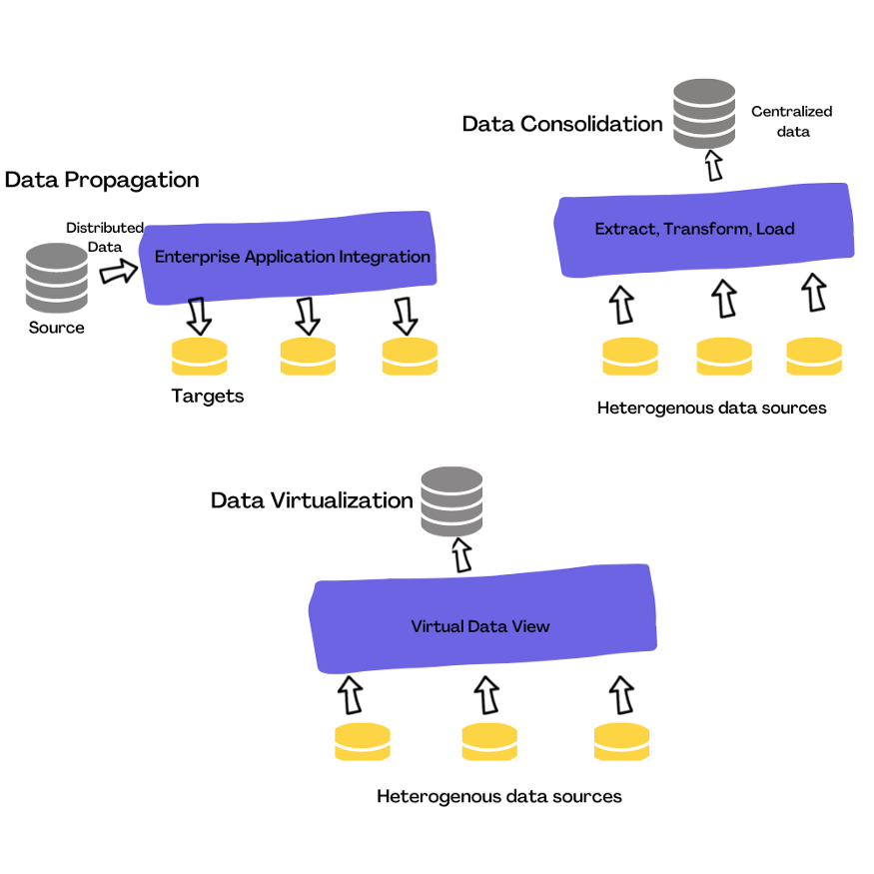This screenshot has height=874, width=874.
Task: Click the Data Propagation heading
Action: pyautogui.click(x=102, y=180)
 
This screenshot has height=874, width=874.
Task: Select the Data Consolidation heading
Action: pyautogui.click(x=562, y=124)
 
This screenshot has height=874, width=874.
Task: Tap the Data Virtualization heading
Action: pyautogui.click(x=312, y=500)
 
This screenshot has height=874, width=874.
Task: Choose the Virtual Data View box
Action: pyautogui.click(x=480, y=626)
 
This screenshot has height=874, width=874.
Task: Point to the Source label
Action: pyautogui.click(x=57, y=328)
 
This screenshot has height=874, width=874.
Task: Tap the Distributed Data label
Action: pyautogui.click(x=105, y=237)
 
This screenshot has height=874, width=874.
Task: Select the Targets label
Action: pyautogui.click(x=208, y=396)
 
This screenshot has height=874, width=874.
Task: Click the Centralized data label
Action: pyautogui.click(x=791, y=121)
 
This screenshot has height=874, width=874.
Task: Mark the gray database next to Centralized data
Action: pyautogui.click(x=704, y=111)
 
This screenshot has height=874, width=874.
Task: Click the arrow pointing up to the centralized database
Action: pyautogui.click(x=713, y=165)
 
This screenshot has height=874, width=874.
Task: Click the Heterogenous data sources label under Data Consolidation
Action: pyautogui.click(x=711, y=408)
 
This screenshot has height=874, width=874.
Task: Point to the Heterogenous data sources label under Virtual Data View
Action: pyautogui.click(x=499, y=796)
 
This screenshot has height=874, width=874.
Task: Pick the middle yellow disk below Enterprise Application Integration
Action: pyautogui.click(x=308, y=357)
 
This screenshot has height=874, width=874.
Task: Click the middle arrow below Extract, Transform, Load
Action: pyautogui.click(x=723, y=299)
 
